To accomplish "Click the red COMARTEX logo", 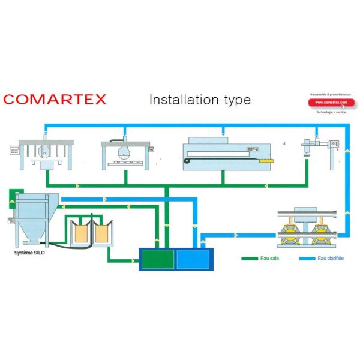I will [x=55, y=99].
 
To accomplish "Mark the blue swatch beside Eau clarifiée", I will [x=307, y=259].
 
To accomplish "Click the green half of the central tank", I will [x=157, y=259].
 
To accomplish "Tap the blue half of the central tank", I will [x=193, y=259].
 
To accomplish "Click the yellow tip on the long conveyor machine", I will [x=265, y=160].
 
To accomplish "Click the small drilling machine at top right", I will [x=315, y=147].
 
